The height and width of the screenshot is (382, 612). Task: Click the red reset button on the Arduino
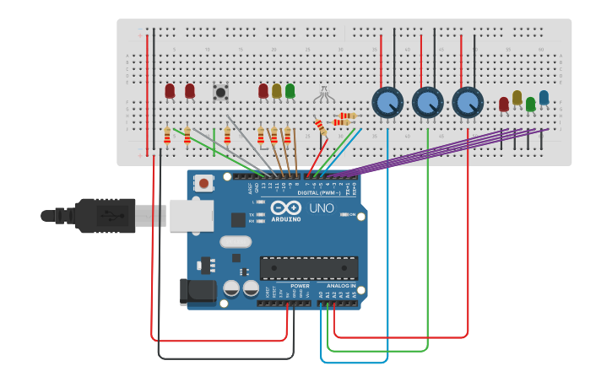pyautogui.click(x=203, y=182)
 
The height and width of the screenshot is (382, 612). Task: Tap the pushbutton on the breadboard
pyautogui.click(x=221, y=92)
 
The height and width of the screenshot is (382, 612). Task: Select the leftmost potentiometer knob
pyautogui.click(x=387, y=102)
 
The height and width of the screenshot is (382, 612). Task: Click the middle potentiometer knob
pyautogui.click(x=427, y=102)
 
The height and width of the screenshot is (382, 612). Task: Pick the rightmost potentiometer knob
pyautogui.click(x=467, y=102)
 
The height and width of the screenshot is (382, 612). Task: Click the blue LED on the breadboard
pyautogui.click(x=544, y=98)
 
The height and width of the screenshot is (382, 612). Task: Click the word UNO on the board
pyautogui.click(x=322, y=208)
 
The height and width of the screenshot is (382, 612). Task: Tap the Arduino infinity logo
pyautogui.click(x=285, y=208)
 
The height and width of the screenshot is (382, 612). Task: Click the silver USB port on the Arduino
pyautogui.click(x=191, y=215)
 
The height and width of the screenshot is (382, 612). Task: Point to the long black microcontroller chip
pyautogui.click(x=308, y=268)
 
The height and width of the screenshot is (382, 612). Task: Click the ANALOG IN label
pyautogui.click(x=341, y=286)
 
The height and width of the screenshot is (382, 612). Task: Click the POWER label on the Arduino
pyautogui.click(x=300, y=286)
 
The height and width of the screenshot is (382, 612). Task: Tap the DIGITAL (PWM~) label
pyautogui.click(x=320, y=193)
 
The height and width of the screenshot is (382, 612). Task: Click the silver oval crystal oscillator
pyautogui.click(x=236, y=243)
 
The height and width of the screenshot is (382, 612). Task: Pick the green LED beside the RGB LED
pyautogui.click(x=290, y=90)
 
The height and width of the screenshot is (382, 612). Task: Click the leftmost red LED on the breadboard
pyautogui.click(x=170, y=90)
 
